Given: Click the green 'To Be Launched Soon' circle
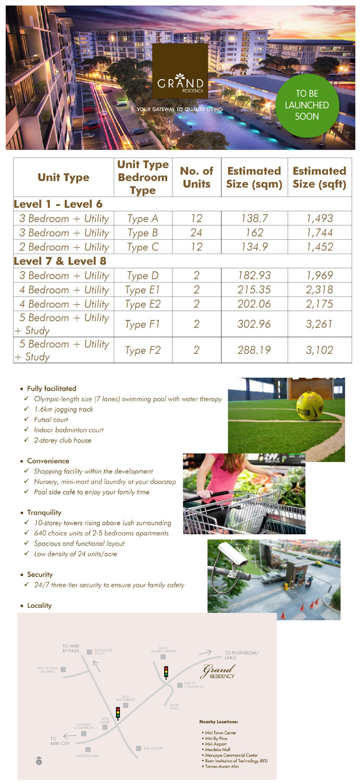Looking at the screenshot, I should point(307,105).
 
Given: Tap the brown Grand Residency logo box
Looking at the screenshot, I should point(180,71).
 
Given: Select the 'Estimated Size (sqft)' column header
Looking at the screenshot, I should point(319,177).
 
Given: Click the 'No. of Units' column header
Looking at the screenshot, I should point(197,177).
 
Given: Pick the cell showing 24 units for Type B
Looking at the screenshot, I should point(196,233).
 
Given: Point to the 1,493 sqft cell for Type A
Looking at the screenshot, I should point(319,219).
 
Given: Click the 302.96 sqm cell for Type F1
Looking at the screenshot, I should point(254,324).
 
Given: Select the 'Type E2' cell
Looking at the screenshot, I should point(143,304).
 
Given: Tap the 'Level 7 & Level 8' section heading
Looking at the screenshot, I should point(60,261).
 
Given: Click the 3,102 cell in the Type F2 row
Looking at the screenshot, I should point(319,350).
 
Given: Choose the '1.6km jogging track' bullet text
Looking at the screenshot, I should point(63,409).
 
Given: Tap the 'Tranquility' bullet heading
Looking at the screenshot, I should point(44,513).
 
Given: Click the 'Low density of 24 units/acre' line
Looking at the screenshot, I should point(75,554).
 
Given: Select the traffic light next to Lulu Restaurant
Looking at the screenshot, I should point(118,713).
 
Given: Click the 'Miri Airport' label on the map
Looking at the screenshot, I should point(153,748).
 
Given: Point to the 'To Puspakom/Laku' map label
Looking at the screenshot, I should point(241,655).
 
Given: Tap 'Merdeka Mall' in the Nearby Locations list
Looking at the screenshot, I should point(217,750).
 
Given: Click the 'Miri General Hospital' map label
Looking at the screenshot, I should point(48,670).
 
